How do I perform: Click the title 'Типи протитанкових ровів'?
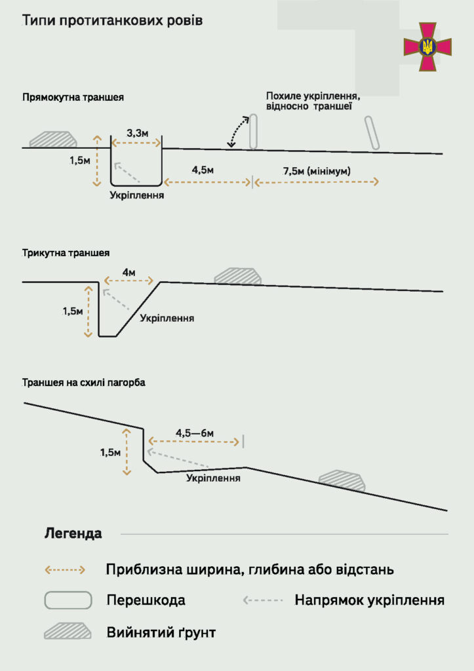pyautogui.click(x=112, y=21)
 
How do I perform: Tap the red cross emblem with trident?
pyautogui.click(x=428, y=47)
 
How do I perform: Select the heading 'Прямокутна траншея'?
pyautogui.click(x=73, y=98)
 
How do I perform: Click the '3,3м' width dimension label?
pyautogui.click(x=137, y=134)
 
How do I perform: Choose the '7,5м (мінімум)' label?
pyautogui.click(x=317, y=171)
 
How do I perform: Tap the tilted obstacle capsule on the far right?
pyautogui.click(x=373, y=133)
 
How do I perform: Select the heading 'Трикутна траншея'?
pyautogui.click(x=66, y=252)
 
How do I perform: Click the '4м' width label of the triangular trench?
pyautogui.click(x=128, y=272)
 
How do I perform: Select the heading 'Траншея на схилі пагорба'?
pyautogui.click(x=83, y=382)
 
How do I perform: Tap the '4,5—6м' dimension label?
pyautogui.click(x=195, y=433)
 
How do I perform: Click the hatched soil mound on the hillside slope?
pyautogui.click(x=341, y=480)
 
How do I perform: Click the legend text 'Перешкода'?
pyautogui.click(x=146, y=600)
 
